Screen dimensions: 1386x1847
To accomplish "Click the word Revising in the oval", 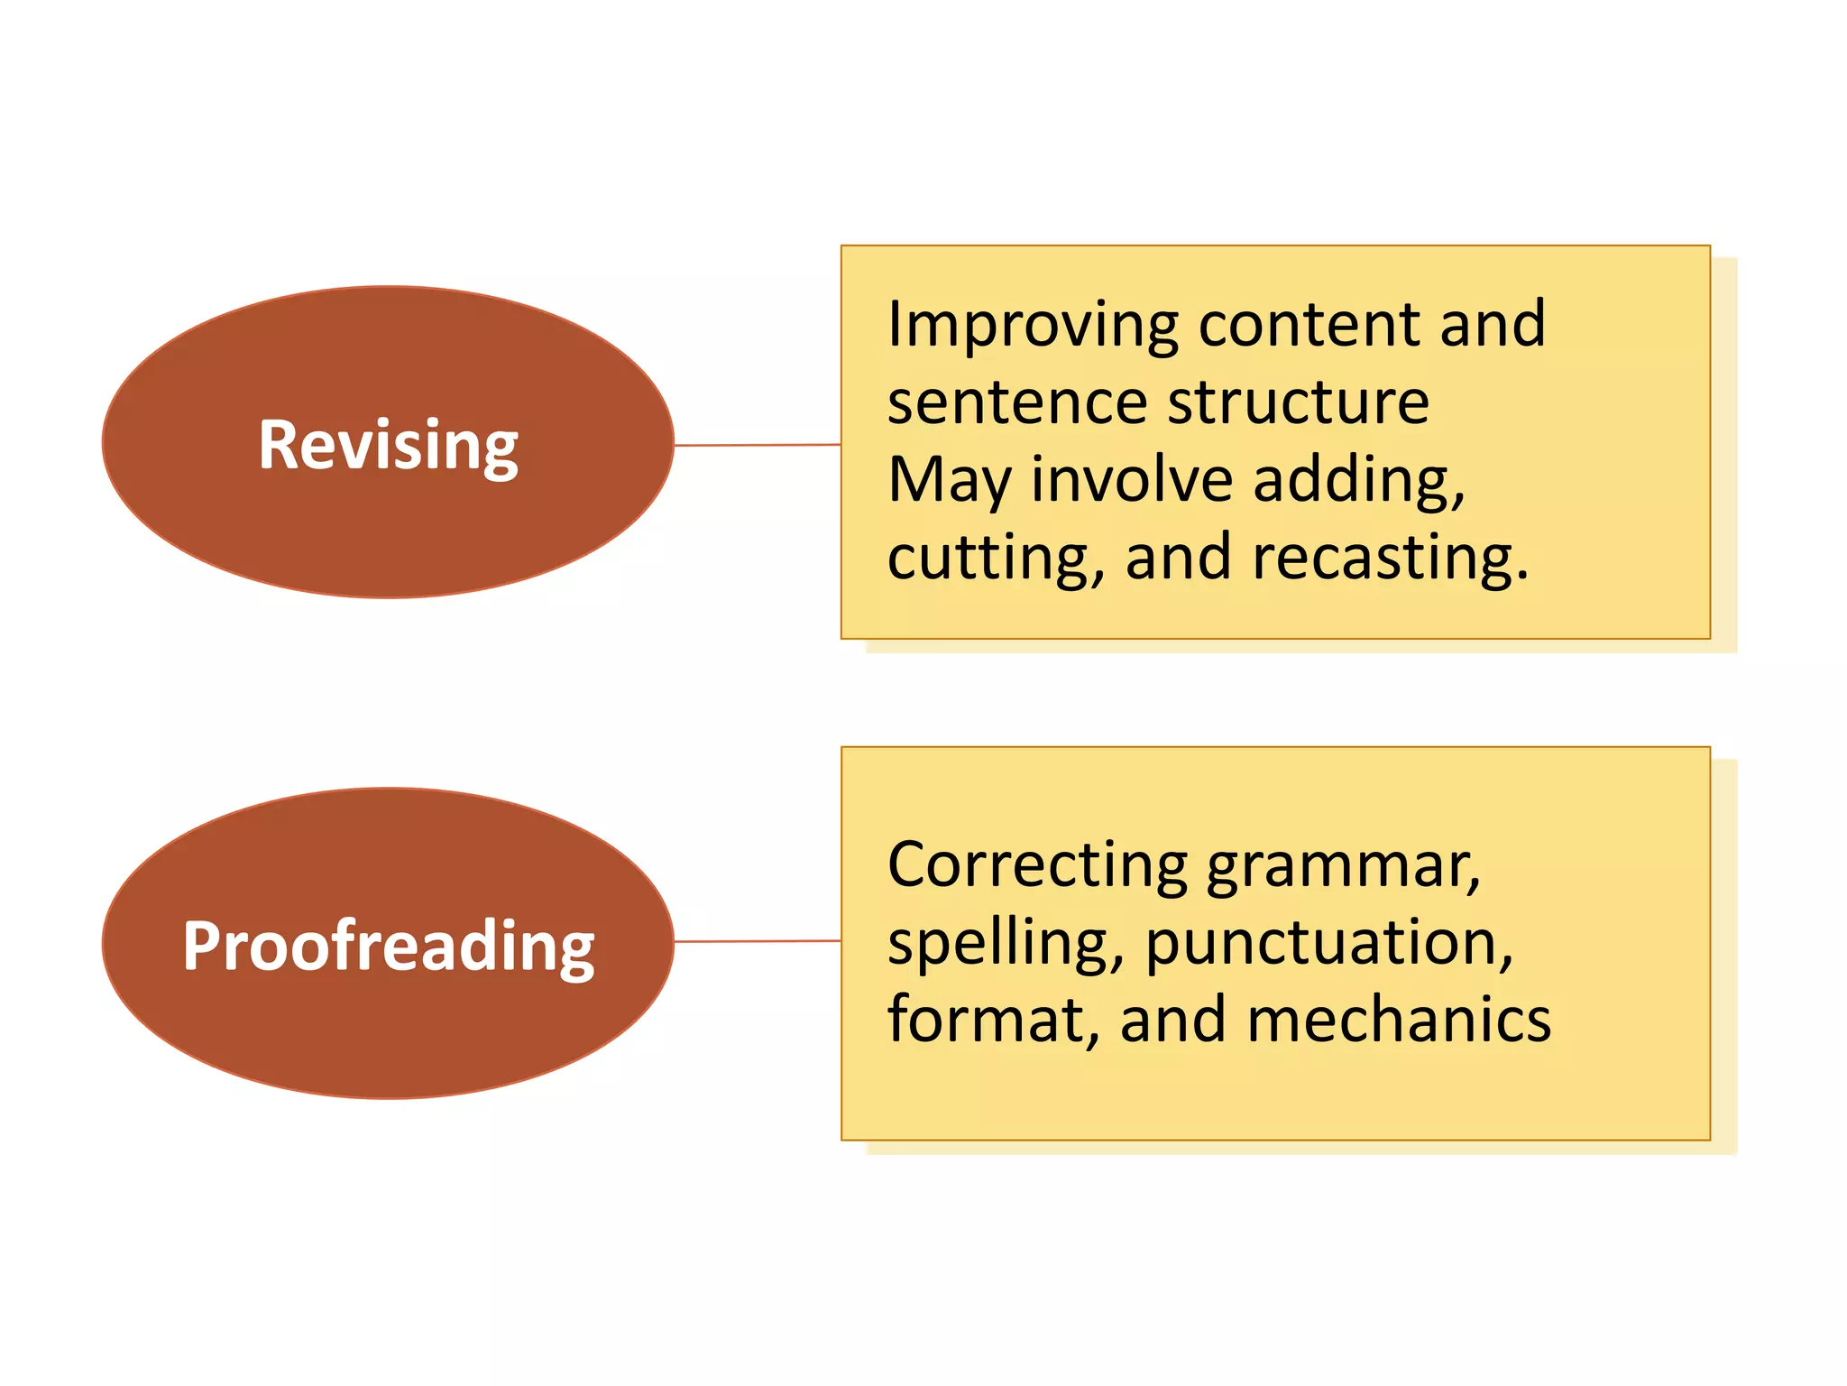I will click(x=388, y=445).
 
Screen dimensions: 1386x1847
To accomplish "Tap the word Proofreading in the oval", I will click(x=388, y=946).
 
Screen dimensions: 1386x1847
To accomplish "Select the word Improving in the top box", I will click(x=1033, y=325).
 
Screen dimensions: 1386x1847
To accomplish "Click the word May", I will click(x=950, y=481).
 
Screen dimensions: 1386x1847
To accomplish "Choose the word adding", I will click(x=1358, y=481).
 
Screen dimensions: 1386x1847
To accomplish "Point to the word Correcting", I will click(x=1038, y=866).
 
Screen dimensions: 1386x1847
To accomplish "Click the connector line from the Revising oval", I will click(x=758, y=445).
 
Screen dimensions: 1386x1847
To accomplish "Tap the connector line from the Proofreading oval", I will click(x=758, y=941).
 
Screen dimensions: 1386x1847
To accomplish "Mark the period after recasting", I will click(x=1522, y=575).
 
